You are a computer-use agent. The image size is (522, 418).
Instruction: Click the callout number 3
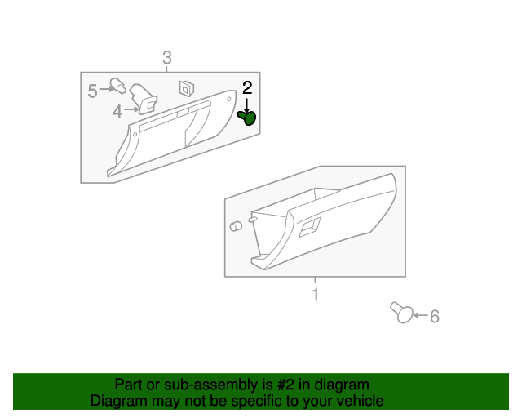166,58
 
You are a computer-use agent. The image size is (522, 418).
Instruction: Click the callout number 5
92,91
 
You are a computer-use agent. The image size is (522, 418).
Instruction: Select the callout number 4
117,112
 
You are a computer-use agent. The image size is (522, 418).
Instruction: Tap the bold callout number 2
247,87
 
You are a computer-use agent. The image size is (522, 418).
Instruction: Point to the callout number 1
315,295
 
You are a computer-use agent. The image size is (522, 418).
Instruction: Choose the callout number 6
434,316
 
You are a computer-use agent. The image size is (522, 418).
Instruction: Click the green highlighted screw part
248,118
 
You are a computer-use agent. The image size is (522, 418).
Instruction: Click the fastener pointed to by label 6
401,312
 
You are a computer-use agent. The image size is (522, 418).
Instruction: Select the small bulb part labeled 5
118,85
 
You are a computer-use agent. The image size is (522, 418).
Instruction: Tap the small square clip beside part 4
186,86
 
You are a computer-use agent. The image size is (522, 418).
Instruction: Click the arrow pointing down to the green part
247,104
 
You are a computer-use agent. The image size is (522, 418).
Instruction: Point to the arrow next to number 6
419,315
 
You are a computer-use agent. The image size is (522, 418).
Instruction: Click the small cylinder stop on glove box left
235,225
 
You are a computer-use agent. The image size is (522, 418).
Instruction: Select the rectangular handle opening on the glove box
310,229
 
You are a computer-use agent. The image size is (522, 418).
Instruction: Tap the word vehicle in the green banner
359,401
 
